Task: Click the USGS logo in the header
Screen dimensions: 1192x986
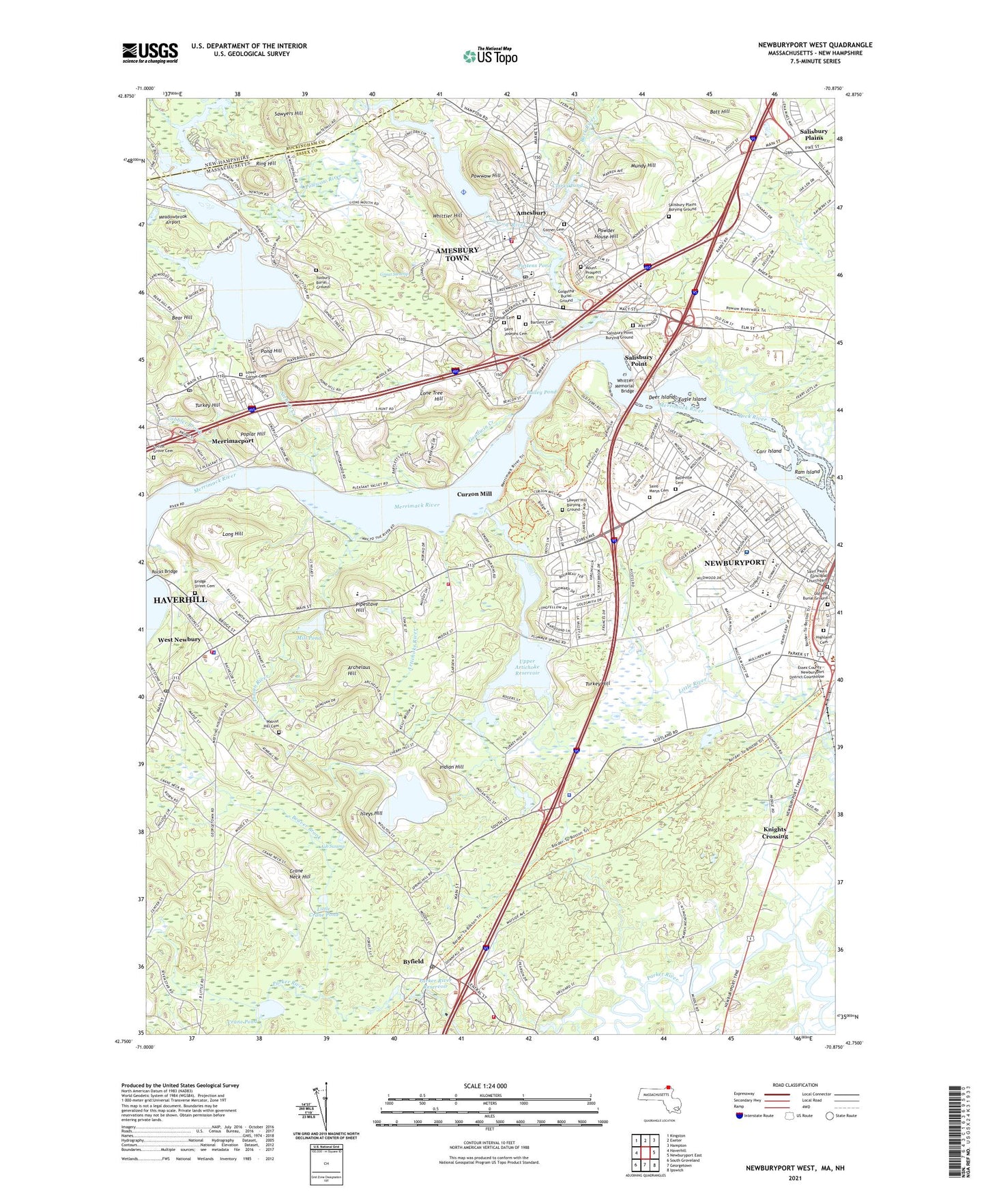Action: (150, 53)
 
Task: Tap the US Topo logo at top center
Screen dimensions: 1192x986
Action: (490, 55)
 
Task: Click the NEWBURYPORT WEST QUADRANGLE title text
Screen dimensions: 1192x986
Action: (815, 45)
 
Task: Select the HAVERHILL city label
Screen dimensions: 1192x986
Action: (179, 599)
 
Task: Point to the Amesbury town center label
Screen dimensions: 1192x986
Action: (531, 213)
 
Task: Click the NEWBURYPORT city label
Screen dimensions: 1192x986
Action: (734, 563)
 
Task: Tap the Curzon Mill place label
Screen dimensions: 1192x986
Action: (474, 494)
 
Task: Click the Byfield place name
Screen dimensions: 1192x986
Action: (413, 961)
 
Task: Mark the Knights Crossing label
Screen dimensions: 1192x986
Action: (774, 833)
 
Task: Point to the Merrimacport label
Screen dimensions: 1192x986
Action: (233, 441)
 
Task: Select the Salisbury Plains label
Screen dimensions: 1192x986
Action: (813, 134)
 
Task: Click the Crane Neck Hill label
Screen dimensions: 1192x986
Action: (300, 873)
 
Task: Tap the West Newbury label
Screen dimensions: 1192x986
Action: (179, 640)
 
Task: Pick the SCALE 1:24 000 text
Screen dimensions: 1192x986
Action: (485, 1086)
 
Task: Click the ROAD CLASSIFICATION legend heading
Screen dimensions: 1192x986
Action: (795, 1085)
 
